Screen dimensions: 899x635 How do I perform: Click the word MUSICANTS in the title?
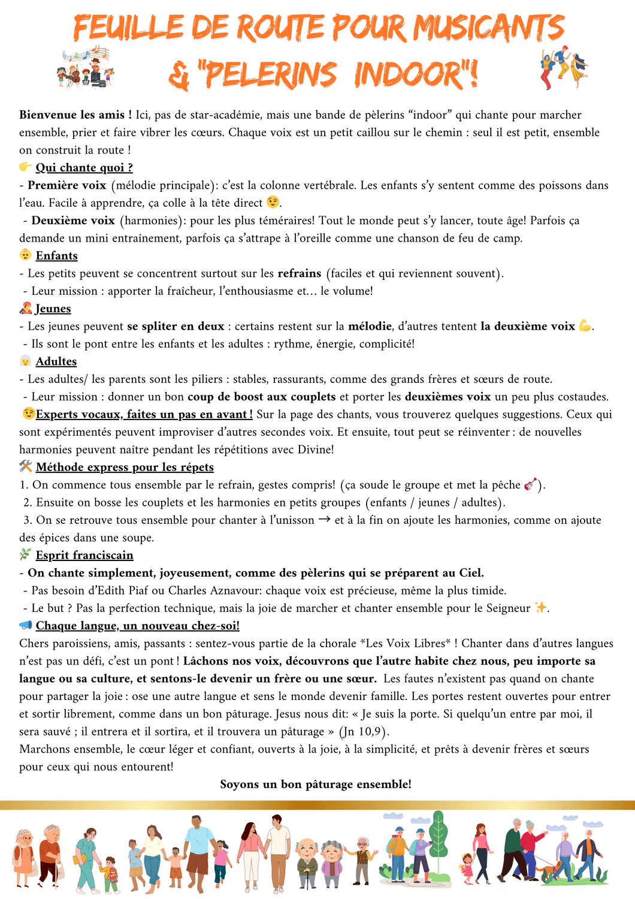click(489, 28)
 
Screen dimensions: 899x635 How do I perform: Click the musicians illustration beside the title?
click(86, 67)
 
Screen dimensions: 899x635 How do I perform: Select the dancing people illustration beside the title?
click(563, 68)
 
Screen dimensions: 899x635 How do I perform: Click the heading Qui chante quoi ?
click(84, 168)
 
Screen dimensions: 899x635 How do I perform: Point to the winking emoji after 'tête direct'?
click(273, 203)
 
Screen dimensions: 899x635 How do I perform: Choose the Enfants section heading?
click(56, 256)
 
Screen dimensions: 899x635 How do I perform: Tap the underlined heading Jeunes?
click(53, 309)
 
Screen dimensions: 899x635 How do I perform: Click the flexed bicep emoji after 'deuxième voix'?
click(585, 326)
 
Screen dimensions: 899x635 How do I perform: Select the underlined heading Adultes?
click(56, 361)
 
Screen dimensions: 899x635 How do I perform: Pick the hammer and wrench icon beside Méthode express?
click(25, 466)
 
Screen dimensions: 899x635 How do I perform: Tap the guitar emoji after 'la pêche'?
click(530, 484)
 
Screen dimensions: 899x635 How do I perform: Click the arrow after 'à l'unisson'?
click(324, 520)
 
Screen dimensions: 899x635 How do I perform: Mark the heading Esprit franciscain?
click(84, 556)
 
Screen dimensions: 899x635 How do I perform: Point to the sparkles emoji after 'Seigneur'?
click(540, 608)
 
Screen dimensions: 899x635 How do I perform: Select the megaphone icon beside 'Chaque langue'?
click(25, 625)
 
